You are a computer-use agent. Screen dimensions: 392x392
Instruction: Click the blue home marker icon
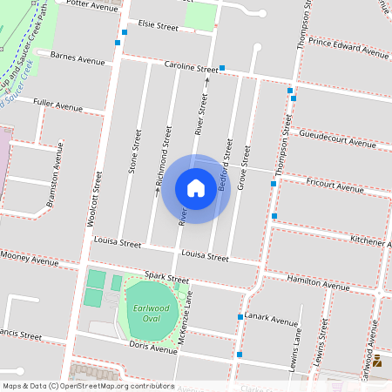[x=196, y=188]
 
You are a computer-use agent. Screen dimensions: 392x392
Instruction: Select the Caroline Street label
[x=191, y=67]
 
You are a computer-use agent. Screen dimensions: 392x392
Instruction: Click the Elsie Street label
[x=152, y=28]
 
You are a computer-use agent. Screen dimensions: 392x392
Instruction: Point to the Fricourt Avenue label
[x=335, y=186]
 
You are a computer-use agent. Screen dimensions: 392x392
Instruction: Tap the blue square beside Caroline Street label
[x=223, y=68]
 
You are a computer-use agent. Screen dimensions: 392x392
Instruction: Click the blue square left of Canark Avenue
[x=240, y=318]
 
